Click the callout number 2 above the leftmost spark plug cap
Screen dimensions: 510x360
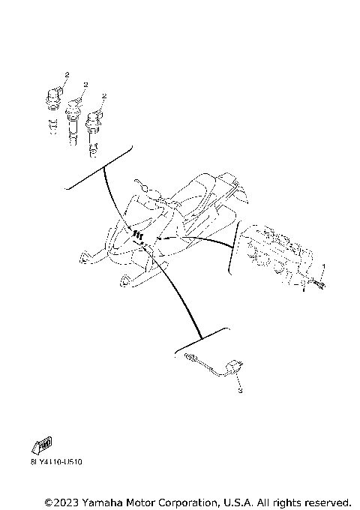67,75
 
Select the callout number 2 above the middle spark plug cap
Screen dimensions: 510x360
86,85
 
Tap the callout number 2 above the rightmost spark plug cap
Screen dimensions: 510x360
104,96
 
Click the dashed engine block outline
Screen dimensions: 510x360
274,251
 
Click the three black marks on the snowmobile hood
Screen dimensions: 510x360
137,235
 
